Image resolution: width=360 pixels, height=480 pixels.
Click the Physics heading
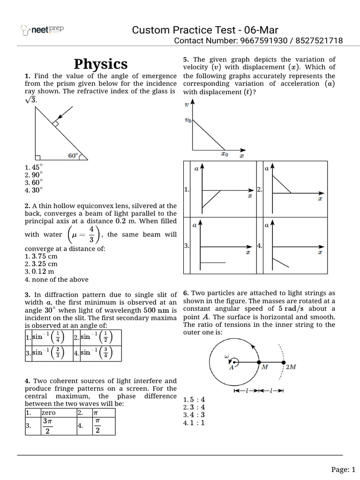click(101, 64)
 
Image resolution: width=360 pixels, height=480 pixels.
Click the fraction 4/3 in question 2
click(91, 234)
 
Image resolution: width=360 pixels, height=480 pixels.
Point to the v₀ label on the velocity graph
click(188, 120)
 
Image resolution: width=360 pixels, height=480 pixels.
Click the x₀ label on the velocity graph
click(225, 154)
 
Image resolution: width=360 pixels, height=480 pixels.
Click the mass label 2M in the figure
click(290, 367)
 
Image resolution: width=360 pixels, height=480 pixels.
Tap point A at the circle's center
click(232, 368)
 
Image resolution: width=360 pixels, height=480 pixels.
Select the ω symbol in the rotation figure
click(226, 357)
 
